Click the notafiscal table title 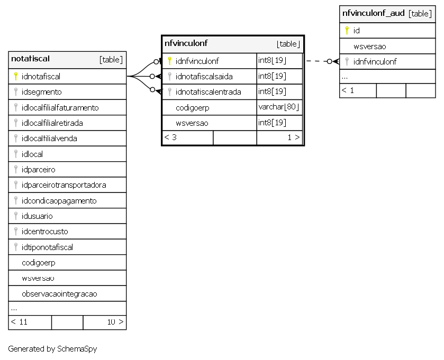click(x=30, y=59)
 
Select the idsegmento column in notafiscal click(x=42, y=92)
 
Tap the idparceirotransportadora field click(x=64, y=185)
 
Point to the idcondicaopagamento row click(x=59, y=201)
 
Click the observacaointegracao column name click(x=59, y=294)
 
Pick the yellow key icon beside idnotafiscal click(x=16, y=76)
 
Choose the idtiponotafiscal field click(x=47, y=247)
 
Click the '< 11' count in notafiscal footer click(x=19, y=322)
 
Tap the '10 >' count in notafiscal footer click(x=115, y=322)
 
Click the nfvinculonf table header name click(x=186, y=43)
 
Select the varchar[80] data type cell click(x=279, y=107)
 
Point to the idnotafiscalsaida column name click(x=204, y=76)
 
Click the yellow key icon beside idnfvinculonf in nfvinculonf click(x=169, y=61)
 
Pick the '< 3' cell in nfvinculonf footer click(x=170, y=137)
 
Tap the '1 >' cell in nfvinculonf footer click(x=294, y=137)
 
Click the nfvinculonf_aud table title click(x=373, y=13)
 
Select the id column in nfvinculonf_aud click(x=357, y=31)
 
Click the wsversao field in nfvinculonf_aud click(x=369, y=47)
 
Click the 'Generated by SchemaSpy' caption click(x=52, y=349)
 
